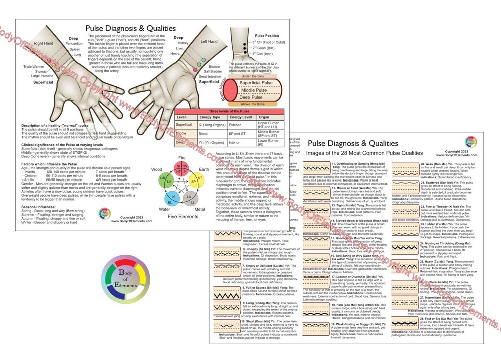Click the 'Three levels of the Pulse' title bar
tap(229, 110)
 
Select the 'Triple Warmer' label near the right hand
tap(34, 66)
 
